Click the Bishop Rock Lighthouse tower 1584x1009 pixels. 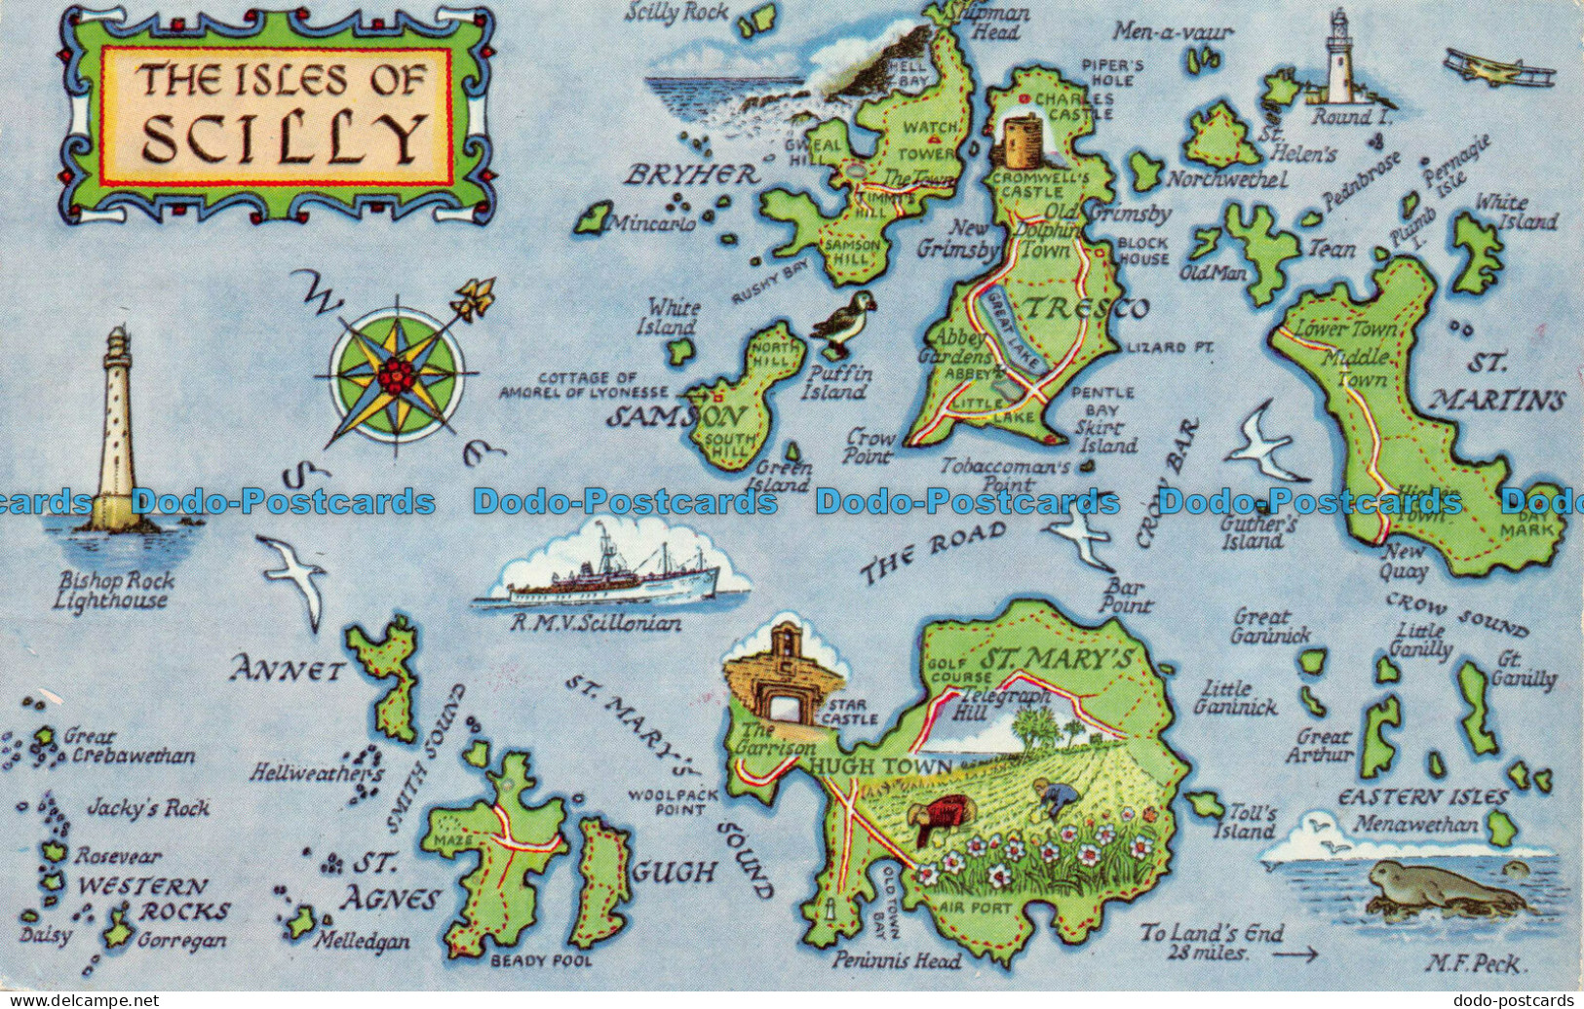118,429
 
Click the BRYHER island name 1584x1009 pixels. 692,175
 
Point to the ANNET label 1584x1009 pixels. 288,671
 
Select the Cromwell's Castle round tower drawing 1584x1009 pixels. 1021,142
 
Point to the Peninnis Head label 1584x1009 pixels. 896,961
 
